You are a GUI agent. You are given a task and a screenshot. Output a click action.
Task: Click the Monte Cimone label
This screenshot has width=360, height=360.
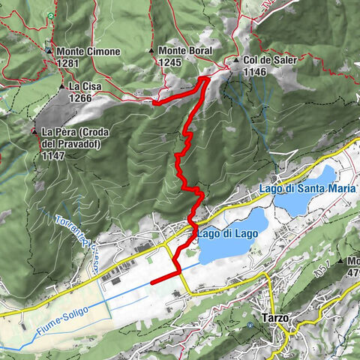tap(88, 51)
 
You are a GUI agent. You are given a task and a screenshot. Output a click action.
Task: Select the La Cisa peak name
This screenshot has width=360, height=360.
tap(83, 86)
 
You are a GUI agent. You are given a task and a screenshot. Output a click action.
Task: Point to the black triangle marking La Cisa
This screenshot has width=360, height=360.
tap(62, 86)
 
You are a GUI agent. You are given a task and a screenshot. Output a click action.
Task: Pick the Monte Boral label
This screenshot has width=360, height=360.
tap(186, 51)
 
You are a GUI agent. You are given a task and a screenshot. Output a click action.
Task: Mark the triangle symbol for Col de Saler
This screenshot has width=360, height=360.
tap(236, 61)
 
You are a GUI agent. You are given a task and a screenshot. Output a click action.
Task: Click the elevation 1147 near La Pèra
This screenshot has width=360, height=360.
tap(54, 155)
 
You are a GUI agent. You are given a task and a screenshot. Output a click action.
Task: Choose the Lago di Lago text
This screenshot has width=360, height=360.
tap(227, 234)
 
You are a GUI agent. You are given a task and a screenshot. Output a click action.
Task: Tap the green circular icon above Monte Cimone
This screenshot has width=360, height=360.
tap(51, 16)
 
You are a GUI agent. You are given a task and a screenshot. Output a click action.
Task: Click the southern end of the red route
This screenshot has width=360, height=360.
tap(152, 282)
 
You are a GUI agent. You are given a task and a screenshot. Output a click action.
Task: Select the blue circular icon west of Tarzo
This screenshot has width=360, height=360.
tap(250, 325)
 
